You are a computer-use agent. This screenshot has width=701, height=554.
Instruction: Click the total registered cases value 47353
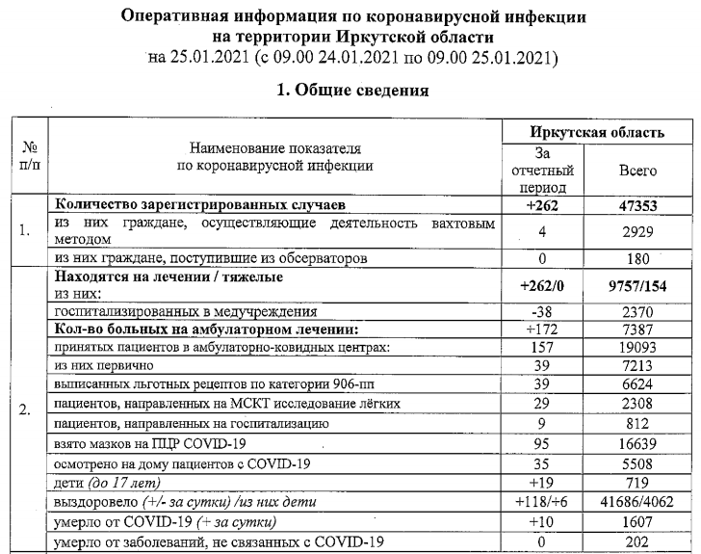tap(637, 205)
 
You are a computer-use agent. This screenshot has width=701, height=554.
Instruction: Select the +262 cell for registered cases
tap(543, 205)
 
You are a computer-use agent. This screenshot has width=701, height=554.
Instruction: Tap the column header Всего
tap(637, 170)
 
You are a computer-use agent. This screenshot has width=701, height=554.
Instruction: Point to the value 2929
tap(637, 231)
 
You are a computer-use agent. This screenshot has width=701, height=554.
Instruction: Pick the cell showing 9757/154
tap(637, 285)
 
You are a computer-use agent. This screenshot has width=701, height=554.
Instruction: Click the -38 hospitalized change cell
tap(543, 313)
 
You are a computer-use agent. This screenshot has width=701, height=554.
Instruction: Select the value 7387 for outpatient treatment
tap(637, 330)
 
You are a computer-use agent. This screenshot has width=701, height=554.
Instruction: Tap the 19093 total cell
tap(637, 348)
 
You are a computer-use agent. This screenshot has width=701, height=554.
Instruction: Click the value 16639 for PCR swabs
tap(637, 443)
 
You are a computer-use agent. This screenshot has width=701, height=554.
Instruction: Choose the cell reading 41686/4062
tap(637, 502)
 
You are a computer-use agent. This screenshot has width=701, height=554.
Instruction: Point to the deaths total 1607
tap(637, 522)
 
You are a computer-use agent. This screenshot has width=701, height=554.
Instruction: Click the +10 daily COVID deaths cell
tap(543, 522)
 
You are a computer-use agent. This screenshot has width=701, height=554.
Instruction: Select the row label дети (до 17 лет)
tap(107, 482)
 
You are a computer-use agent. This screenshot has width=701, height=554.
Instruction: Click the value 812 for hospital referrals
tap(637, 424)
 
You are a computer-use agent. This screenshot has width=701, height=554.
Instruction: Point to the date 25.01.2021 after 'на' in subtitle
tap(206, 57)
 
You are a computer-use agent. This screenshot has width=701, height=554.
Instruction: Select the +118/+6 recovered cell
tap(543, 502)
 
